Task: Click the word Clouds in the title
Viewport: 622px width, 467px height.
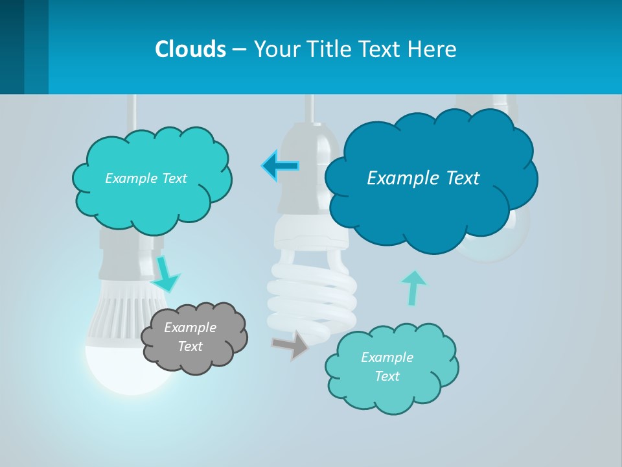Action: (190, 49)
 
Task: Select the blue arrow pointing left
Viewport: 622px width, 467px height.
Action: (281, 166)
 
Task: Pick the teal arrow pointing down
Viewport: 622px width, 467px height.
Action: (166, 274)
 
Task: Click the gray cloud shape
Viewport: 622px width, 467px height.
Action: (194, 337)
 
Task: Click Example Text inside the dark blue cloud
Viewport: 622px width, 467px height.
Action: (423, 178)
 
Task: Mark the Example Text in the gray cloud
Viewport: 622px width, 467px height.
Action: (190, 337)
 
